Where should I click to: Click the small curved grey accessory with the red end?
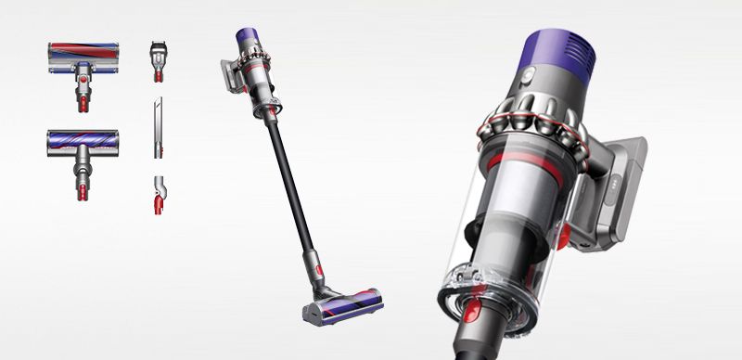click(158, 192)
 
